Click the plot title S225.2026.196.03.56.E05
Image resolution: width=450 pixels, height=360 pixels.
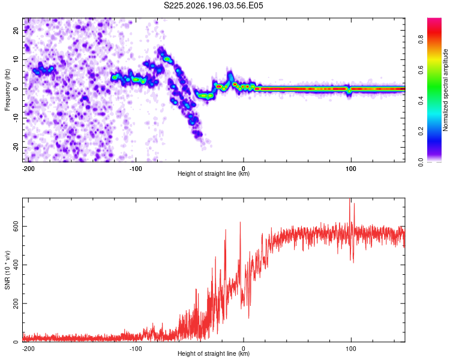[213, 5]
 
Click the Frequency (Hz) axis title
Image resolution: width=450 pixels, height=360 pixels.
[7, 90]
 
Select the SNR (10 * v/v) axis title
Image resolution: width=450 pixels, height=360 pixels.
[7, 270]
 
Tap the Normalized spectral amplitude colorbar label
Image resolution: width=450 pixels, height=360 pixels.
[445, 90]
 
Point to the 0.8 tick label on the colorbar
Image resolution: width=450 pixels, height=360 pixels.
[421, 39]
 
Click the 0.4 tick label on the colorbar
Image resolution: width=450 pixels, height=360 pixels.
[421, 100]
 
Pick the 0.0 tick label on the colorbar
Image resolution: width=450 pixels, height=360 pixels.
[421, 162]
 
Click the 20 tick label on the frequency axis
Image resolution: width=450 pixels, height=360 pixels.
[16, 31]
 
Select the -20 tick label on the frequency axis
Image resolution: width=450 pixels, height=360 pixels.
[16, 148]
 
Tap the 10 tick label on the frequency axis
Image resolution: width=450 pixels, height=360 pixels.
[16, 59]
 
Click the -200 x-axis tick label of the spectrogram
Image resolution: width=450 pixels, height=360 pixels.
[28, 169]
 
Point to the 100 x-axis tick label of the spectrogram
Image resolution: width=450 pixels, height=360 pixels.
[351, 169]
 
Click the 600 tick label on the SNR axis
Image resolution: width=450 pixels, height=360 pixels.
[16, 227]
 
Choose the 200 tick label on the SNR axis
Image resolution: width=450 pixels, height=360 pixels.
[16, 304]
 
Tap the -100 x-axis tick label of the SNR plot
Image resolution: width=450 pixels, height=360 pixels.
[136, 349]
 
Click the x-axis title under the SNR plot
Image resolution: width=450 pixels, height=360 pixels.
[214, 353]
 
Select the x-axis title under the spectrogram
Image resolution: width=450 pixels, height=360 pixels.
[214, 173]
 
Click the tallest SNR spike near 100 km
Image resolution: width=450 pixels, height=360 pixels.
[350, 199]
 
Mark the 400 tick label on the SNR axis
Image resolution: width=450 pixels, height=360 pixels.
[16, 265]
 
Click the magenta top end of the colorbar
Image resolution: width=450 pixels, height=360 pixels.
[434, 19]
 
